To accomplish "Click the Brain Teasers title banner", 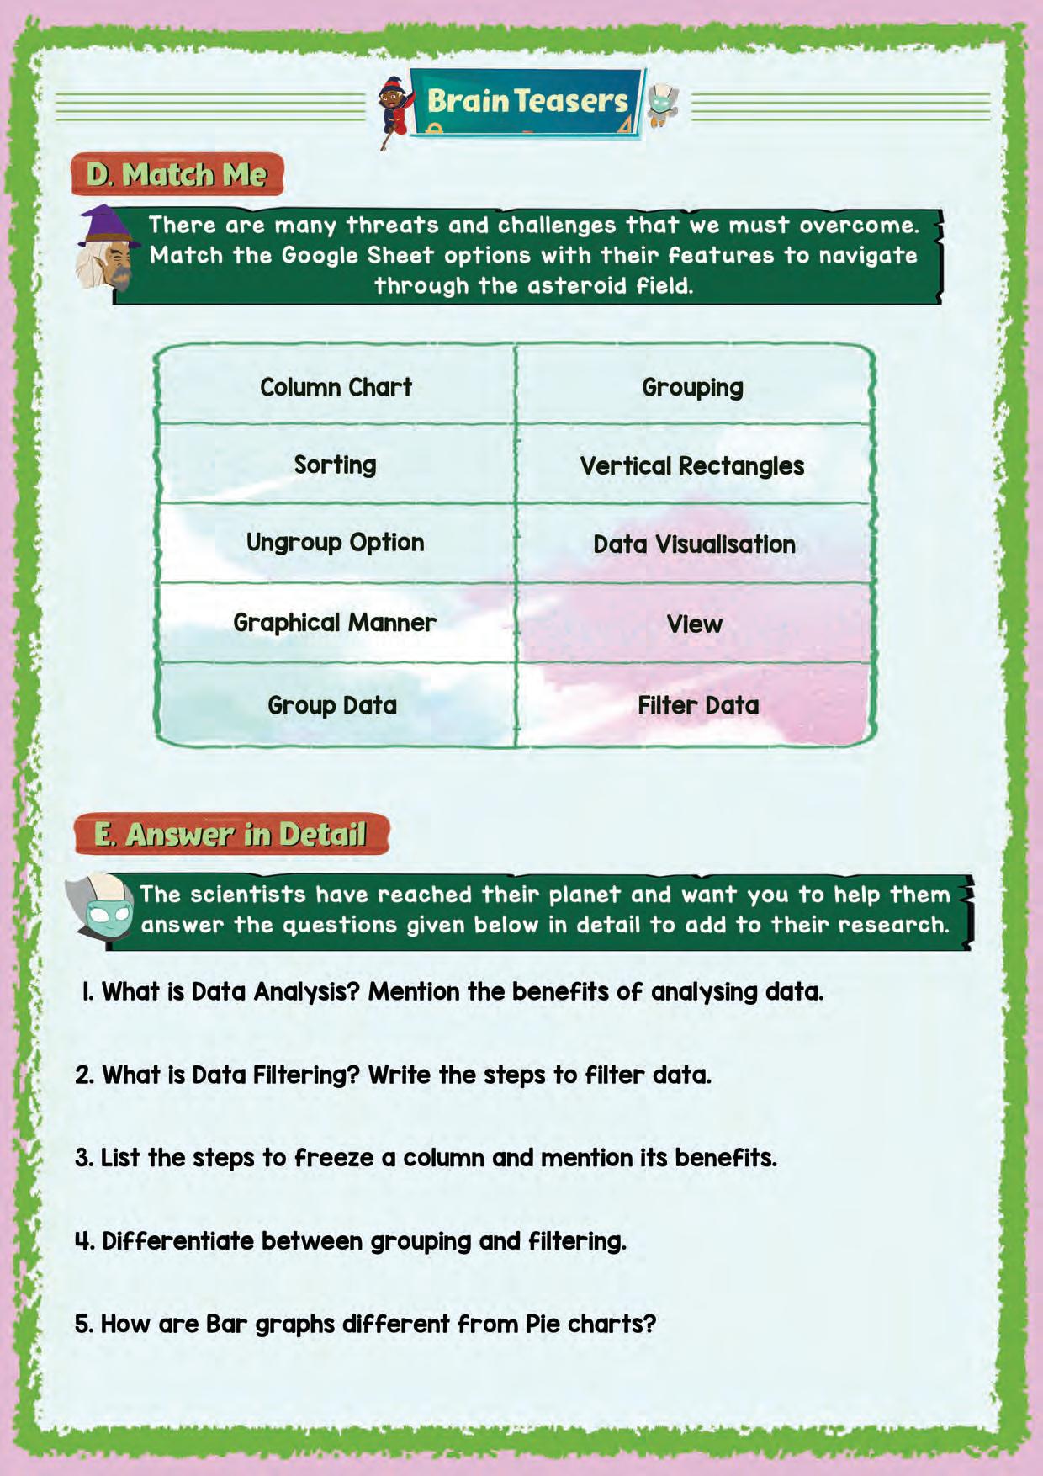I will tap(527, 102).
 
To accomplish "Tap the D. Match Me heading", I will tap(177, 174).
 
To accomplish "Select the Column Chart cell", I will tap(336, 387).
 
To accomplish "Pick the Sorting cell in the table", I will tap(335, 465).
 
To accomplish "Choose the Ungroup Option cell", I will tap(335, 543).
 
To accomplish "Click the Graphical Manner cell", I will tap(335, 623).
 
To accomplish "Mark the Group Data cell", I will tap(332, 705).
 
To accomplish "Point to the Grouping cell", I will tap(692, 387).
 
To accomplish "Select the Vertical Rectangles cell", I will tap(692, 466).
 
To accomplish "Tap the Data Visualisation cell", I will tap(694, 544).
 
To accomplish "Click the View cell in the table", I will tap(694, 624).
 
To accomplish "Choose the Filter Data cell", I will tap(698, 705).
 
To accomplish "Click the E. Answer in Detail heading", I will tap(231, 834).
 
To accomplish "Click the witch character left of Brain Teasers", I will tap(394, 108).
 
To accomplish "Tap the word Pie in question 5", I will tap(543, 1324).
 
